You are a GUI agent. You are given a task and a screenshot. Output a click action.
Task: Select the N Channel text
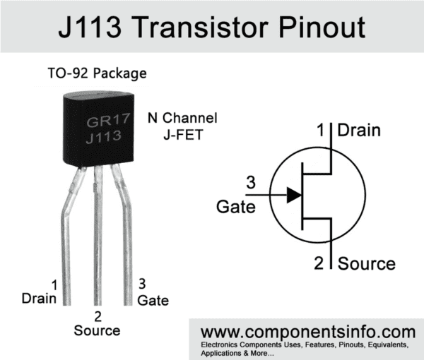(x=182, y=118)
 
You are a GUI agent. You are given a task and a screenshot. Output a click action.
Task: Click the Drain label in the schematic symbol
(x=358, y=131)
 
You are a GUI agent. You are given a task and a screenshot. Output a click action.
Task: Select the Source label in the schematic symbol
(x=367, y=264)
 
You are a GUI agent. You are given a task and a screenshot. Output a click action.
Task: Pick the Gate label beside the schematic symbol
(x=232, y=207)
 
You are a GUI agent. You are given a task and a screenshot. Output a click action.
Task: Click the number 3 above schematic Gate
(x=250, y=184)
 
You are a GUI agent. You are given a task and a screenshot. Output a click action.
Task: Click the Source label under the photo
(x=97, y=330)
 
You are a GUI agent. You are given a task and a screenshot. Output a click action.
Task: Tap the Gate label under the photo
(x=153, y=301)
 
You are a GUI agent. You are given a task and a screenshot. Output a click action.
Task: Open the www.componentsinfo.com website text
(x=308, y=332)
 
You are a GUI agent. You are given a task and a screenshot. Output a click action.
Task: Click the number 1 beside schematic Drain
(x=322, y=131)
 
